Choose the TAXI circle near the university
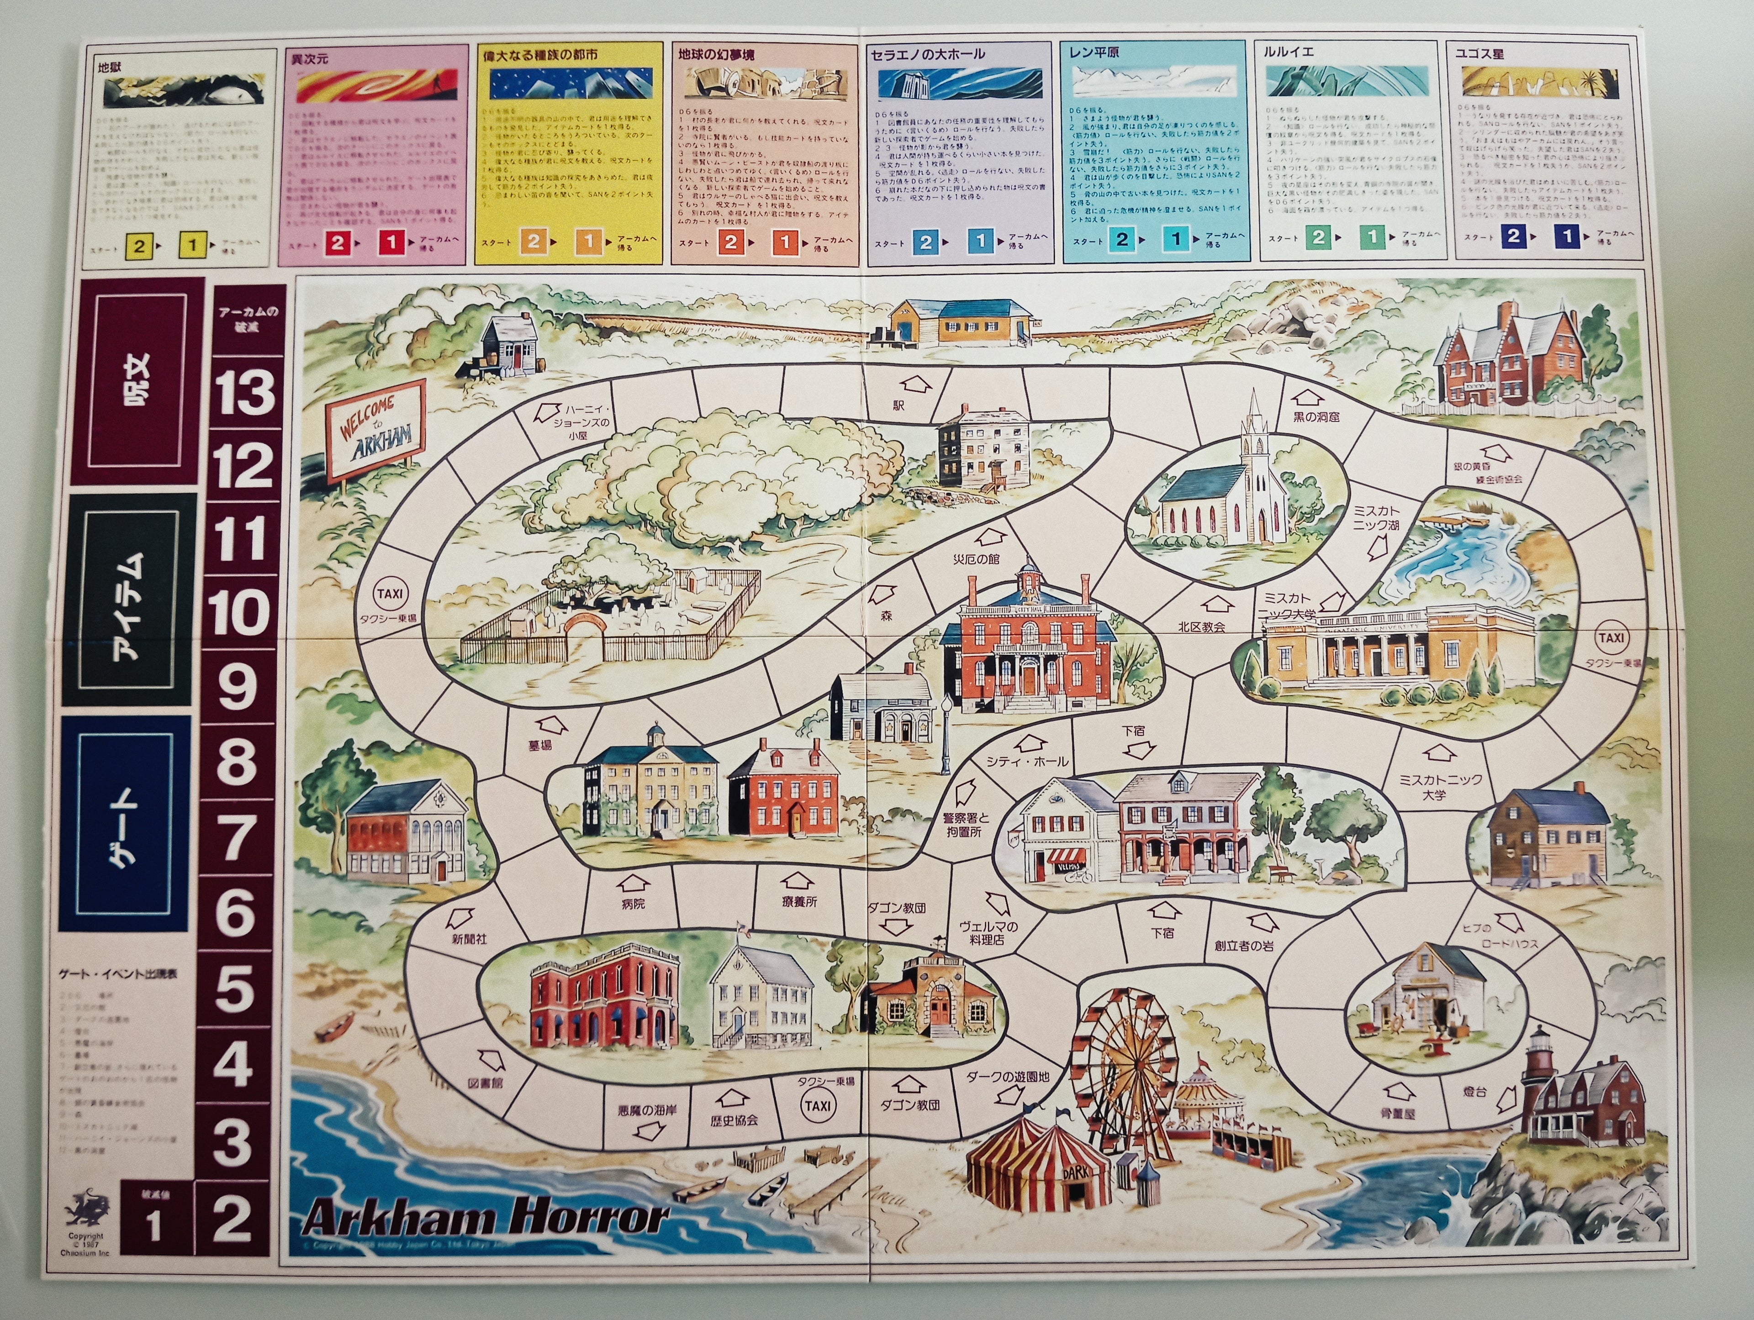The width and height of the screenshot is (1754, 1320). point(1611,638)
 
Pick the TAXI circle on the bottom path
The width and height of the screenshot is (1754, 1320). point(818,1106)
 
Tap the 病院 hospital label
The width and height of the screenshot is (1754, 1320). point(633,904)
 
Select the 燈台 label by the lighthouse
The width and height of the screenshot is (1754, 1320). point(1475,1092)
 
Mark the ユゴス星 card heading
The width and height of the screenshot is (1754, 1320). point(1479,54)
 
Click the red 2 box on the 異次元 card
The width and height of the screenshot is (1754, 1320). point(338,242)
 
